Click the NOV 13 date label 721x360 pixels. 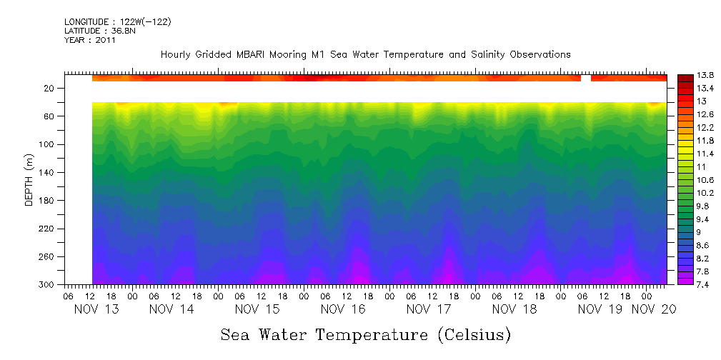click(96, 309)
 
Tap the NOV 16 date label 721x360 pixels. click(343, 309)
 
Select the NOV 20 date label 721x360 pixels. click(653, 309)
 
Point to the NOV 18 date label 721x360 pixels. click(514, 309)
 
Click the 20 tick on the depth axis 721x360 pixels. click(49, 89)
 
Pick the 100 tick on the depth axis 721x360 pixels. click(47, 144)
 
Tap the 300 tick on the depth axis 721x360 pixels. click(47, 284)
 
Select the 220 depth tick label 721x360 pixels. click(47, 229)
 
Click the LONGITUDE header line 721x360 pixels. click(117, 22)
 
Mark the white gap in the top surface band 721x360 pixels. click(586, 78)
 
